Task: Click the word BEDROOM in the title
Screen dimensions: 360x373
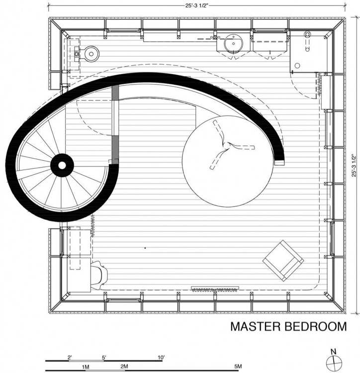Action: (316, 326)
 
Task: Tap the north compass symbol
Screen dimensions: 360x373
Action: (334, 362)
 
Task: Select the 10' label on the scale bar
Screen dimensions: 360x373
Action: (161, 357)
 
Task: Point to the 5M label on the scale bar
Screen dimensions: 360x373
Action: (238, 367)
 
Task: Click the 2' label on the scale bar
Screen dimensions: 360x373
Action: (70, 357)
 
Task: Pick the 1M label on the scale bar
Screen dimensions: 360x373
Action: (86, 367)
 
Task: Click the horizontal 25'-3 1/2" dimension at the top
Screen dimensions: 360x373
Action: (196, 5)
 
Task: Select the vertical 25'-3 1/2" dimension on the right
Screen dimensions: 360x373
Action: (354, 166)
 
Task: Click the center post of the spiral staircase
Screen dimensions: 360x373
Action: (62, 165)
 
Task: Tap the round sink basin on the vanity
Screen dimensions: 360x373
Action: (234, 43)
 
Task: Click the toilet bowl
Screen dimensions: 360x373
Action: (91, 54)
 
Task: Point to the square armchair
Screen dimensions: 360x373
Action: (283, 261)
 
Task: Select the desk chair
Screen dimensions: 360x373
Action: (99, 275)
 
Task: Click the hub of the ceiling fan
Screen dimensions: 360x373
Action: (228, 145)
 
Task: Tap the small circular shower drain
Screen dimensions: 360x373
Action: (297, 66)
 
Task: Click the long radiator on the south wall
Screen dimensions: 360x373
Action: (215, 289)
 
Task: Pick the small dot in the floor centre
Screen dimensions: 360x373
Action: (145, 248)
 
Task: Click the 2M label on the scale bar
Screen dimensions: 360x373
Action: (124, 367)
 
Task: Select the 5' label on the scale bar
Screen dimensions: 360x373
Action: (104, 357)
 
